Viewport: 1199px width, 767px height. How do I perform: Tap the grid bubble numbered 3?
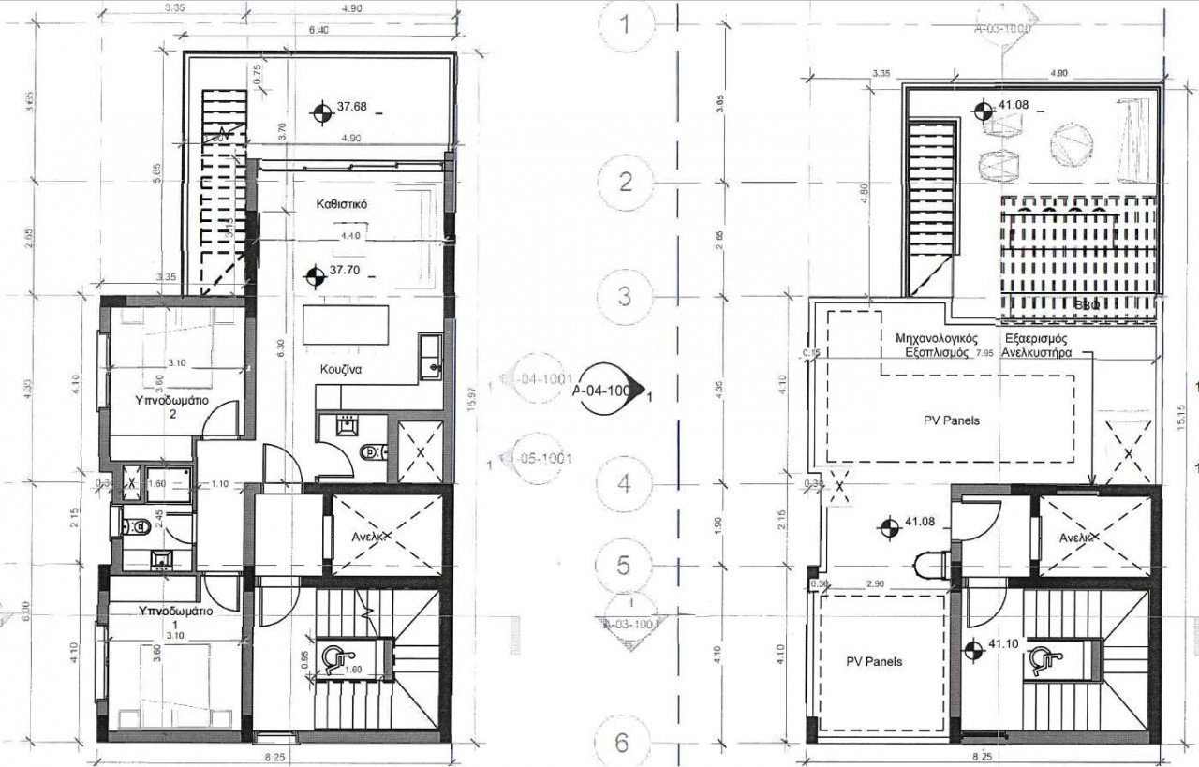point(626,296)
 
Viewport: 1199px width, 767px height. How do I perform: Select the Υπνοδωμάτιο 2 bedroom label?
point(172,406)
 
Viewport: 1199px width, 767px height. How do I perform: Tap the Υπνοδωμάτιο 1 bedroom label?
point(174,617)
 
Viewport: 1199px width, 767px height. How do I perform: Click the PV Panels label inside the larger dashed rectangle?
point(950,420)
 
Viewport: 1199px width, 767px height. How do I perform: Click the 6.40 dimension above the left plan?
point(318,29)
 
